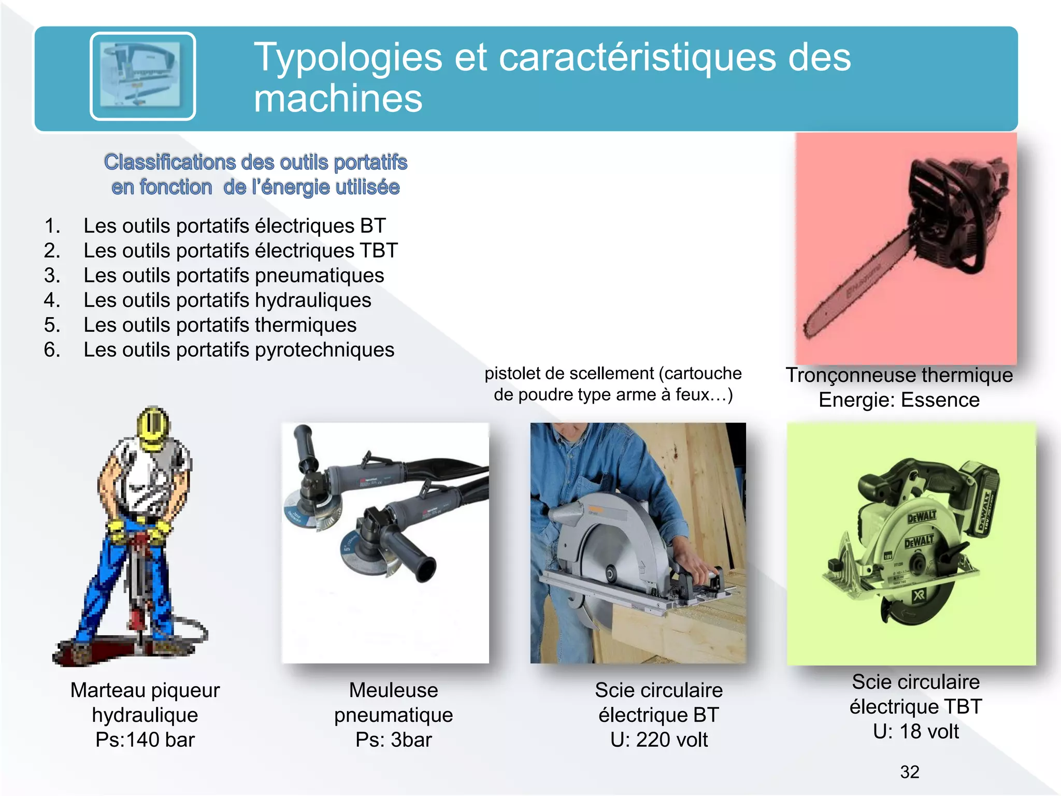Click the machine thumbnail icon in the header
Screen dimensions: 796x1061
142,76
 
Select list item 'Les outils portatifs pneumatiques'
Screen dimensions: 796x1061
234,276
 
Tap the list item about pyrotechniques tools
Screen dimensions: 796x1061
239,350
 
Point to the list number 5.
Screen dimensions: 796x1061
52,325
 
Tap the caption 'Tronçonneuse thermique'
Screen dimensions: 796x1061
899,375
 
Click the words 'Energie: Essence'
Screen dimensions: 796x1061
899,400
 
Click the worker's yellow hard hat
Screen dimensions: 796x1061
153,428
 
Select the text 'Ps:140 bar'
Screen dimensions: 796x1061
145,740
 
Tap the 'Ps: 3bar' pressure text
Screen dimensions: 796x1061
393,740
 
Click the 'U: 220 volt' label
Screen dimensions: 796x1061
658,740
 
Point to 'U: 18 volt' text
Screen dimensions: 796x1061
915,732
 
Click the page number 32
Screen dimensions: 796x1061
910,772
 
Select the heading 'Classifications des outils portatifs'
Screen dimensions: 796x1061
255,163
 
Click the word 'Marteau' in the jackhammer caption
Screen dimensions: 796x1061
107,690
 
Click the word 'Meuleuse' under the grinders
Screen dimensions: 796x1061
393,690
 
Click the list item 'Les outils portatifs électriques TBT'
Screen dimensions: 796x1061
240,251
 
